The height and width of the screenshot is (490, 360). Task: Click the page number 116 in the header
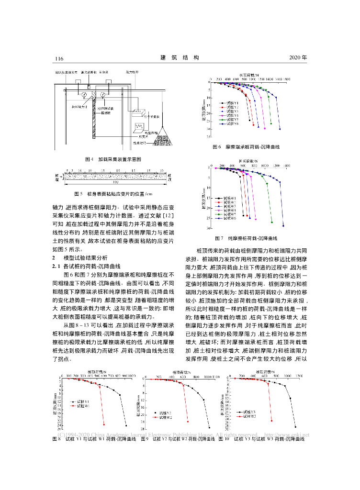[59, 58]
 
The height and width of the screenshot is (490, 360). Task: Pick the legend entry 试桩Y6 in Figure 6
[231, 124]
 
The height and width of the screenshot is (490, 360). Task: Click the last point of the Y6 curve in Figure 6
[280, 129]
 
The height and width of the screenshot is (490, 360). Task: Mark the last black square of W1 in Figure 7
[244, 216]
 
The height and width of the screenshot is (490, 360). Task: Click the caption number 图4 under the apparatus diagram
[88, 158]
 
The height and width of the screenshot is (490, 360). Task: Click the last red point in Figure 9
[188, 422]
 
